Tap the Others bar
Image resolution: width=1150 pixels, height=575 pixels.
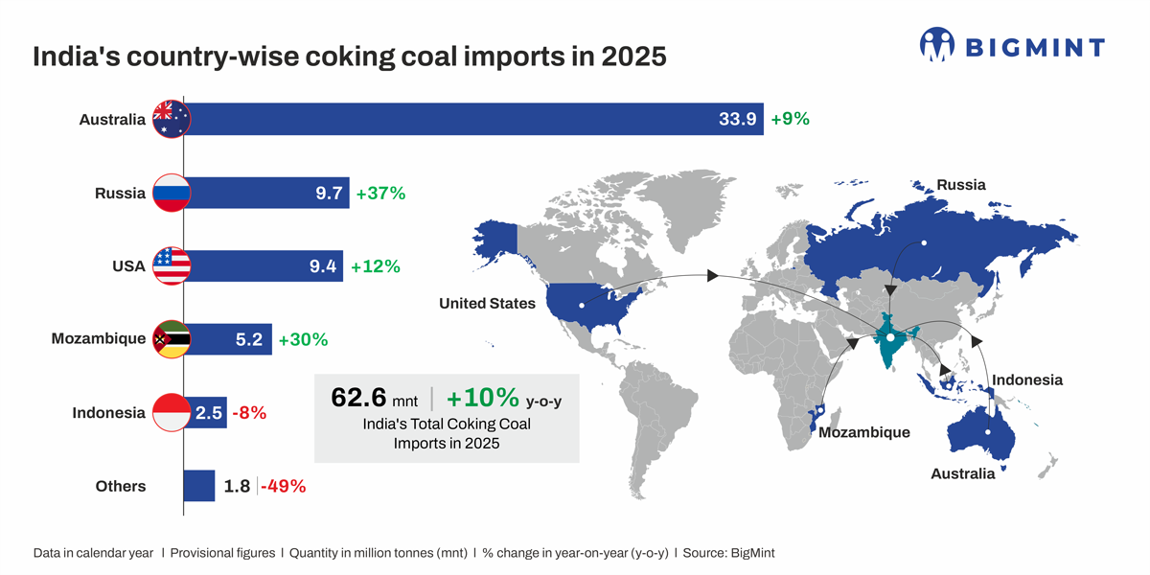click(199, 486)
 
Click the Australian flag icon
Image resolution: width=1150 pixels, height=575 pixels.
click(172, 119)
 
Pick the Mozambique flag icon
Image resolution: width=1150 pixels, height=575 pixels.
click(172, 339)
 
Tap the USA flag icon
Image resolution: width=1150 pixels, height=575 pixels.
click(172, 266)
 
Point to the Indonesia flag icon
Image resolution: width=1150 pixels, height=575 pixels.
click(172, 413)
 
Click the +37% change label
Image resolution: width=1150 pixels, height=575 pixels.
click(380, 193)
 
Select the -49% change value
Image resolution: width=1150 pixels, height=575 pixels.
click(285, 486)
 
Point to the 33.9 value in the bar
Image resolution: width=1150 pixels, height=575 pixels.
click(738, 119)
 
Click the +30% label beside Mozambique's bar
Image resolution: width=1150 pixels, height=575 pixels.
click(303, 339)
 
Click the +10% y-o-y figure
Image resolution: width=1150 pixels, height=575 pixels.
click(483, 397)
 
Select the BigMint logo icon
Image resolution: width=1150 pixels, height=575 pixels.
click(938, 44)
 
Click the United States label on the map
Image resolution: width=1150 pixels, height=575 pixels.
click(487, 304)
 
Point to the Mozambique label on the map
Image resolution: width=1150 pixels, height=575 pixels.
click(862, 432)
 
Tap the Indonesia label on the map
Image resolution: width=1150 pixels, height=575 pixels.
click(1026, 380)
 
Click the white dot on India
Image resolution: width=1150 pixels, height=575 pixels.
click(890, 338)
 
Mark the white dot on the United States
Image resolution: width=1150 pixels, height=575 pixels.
click(581, 307)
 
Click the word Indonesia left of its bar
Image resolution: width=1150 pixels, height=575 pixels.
click(108, 413)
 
